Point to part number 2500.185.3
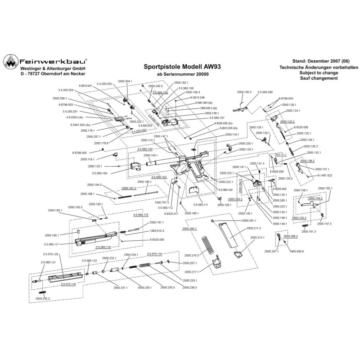click(x=245, y=91)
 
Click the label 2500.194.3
click(x=94, y=185)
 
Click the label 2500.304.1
click(x=125, y=81)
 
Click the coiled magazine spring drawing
click(x=208, y=248)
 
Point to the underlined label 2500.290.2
click(x=190, y=229)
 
